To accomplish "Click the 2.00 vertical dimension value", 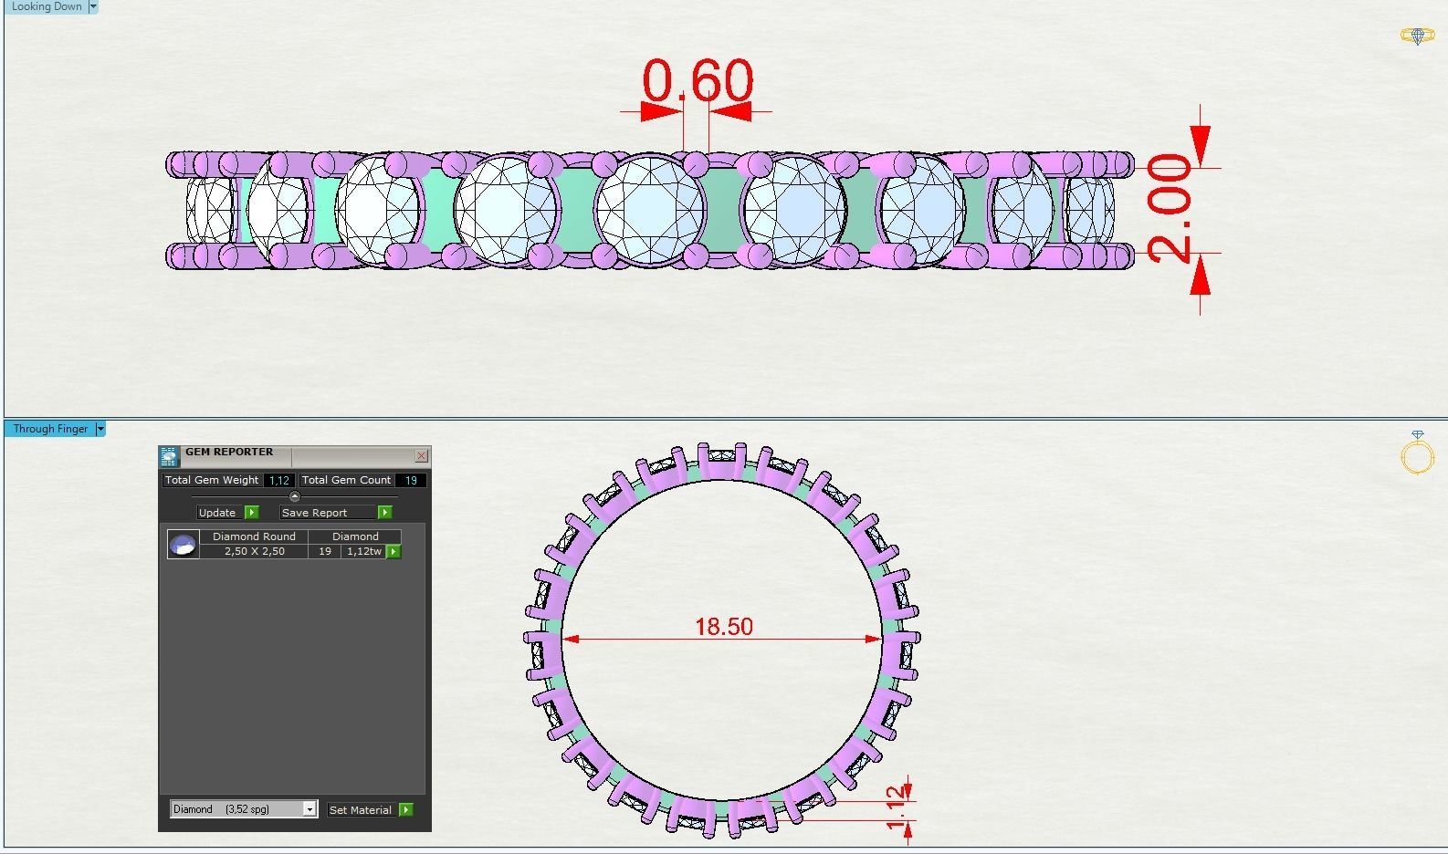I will (x=1170, y=208).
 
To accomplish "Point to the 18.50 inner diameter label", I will (x=723, y=627).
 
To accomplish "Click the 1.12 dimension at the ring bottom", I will (x=899, y=804).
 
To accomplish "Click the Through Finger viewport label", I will (x=50, y=429).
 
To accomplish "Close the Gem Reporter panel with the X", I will (x=421, y=455).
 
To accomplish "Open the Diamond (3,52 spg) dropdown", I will (x=310, y=809).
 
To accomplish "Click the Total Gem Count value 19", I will (x=411, y=480).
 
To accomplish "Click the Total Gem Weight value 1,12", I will (x=278, y=480).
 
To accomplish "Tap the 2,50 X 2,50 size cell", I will (x=254, y=551).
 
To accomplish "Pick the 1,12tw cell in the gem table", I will (x=363, y=551).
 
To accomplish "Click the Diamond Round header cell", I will (x=254, y=536).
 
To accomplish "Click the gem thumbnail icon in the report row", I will (x=184, y=545).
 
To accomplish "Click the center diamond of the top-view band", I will (x=650, y=210).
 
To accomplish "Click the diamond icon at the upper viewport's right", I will (x=1417, y=36).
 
